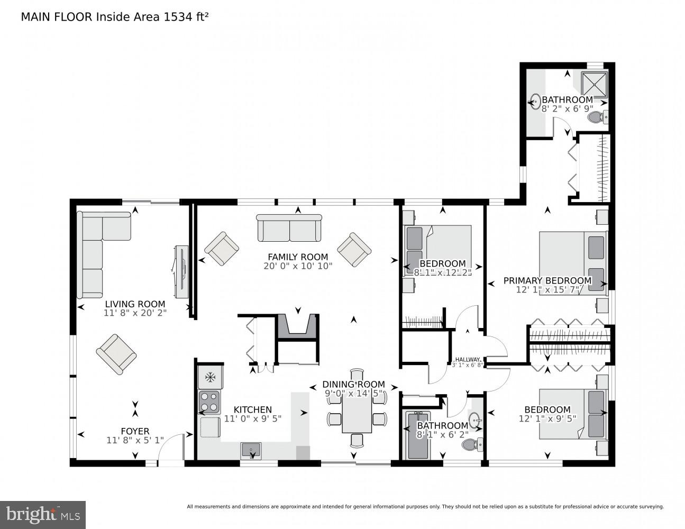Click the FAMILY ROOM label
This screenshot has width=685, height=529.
[x=298, y=257]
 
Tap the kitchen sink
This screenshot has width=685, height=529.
[x=251, y=450]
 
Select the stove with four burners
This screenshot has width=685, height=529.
[x=209, y=402]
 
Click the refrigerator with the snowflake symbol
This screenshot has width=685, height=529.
[x=209, y=377]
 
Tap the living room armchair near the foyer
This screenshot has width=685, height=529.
[x=116, y=353]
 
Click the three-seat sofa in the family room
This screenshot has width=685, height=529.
[x=289, y=228]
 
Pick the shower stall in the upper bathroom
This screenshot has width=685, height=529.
[x=595, y=83]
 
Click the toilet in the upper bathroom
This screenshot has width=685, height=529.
[x=598, y=117]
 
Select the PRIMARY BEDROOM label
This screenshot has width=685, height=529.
[x=547, y=280]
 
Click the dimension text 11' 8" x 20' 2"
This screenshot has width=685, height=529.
[x=135, y=313]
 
